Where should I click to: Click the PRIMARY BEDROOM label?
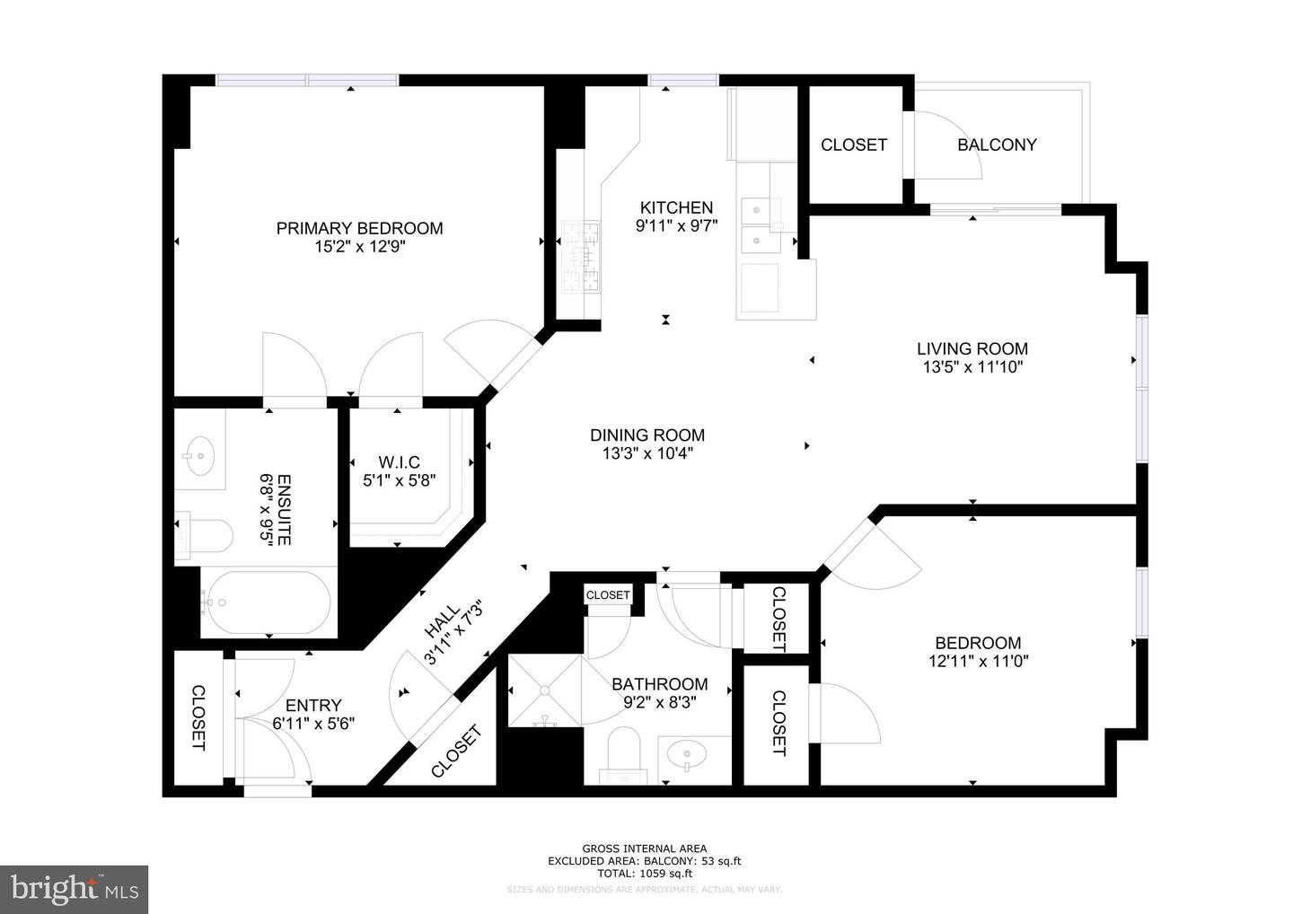point(359,228)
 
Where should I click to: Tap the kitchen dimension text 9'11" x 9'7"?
point(676,226)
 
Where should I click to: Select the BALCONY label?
point(997,145)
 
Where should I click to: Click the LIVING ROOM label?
point(972,348)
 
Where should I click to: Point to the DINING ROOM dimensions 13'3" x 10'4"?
point(647,453)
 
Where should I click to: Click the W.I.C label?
point(399,462)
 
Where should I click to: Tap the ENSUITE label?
point(284,509)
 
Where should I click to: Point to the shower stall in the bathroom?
point(544,690)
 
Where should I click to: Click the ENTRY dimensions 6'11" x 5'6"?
point(313,723)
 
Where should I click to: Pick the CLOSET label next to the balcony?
point(854,145)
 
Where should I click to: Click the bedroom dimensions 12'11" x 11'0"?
point(978,662)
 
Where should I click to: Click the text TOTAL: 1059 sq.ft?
point(644,873)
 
